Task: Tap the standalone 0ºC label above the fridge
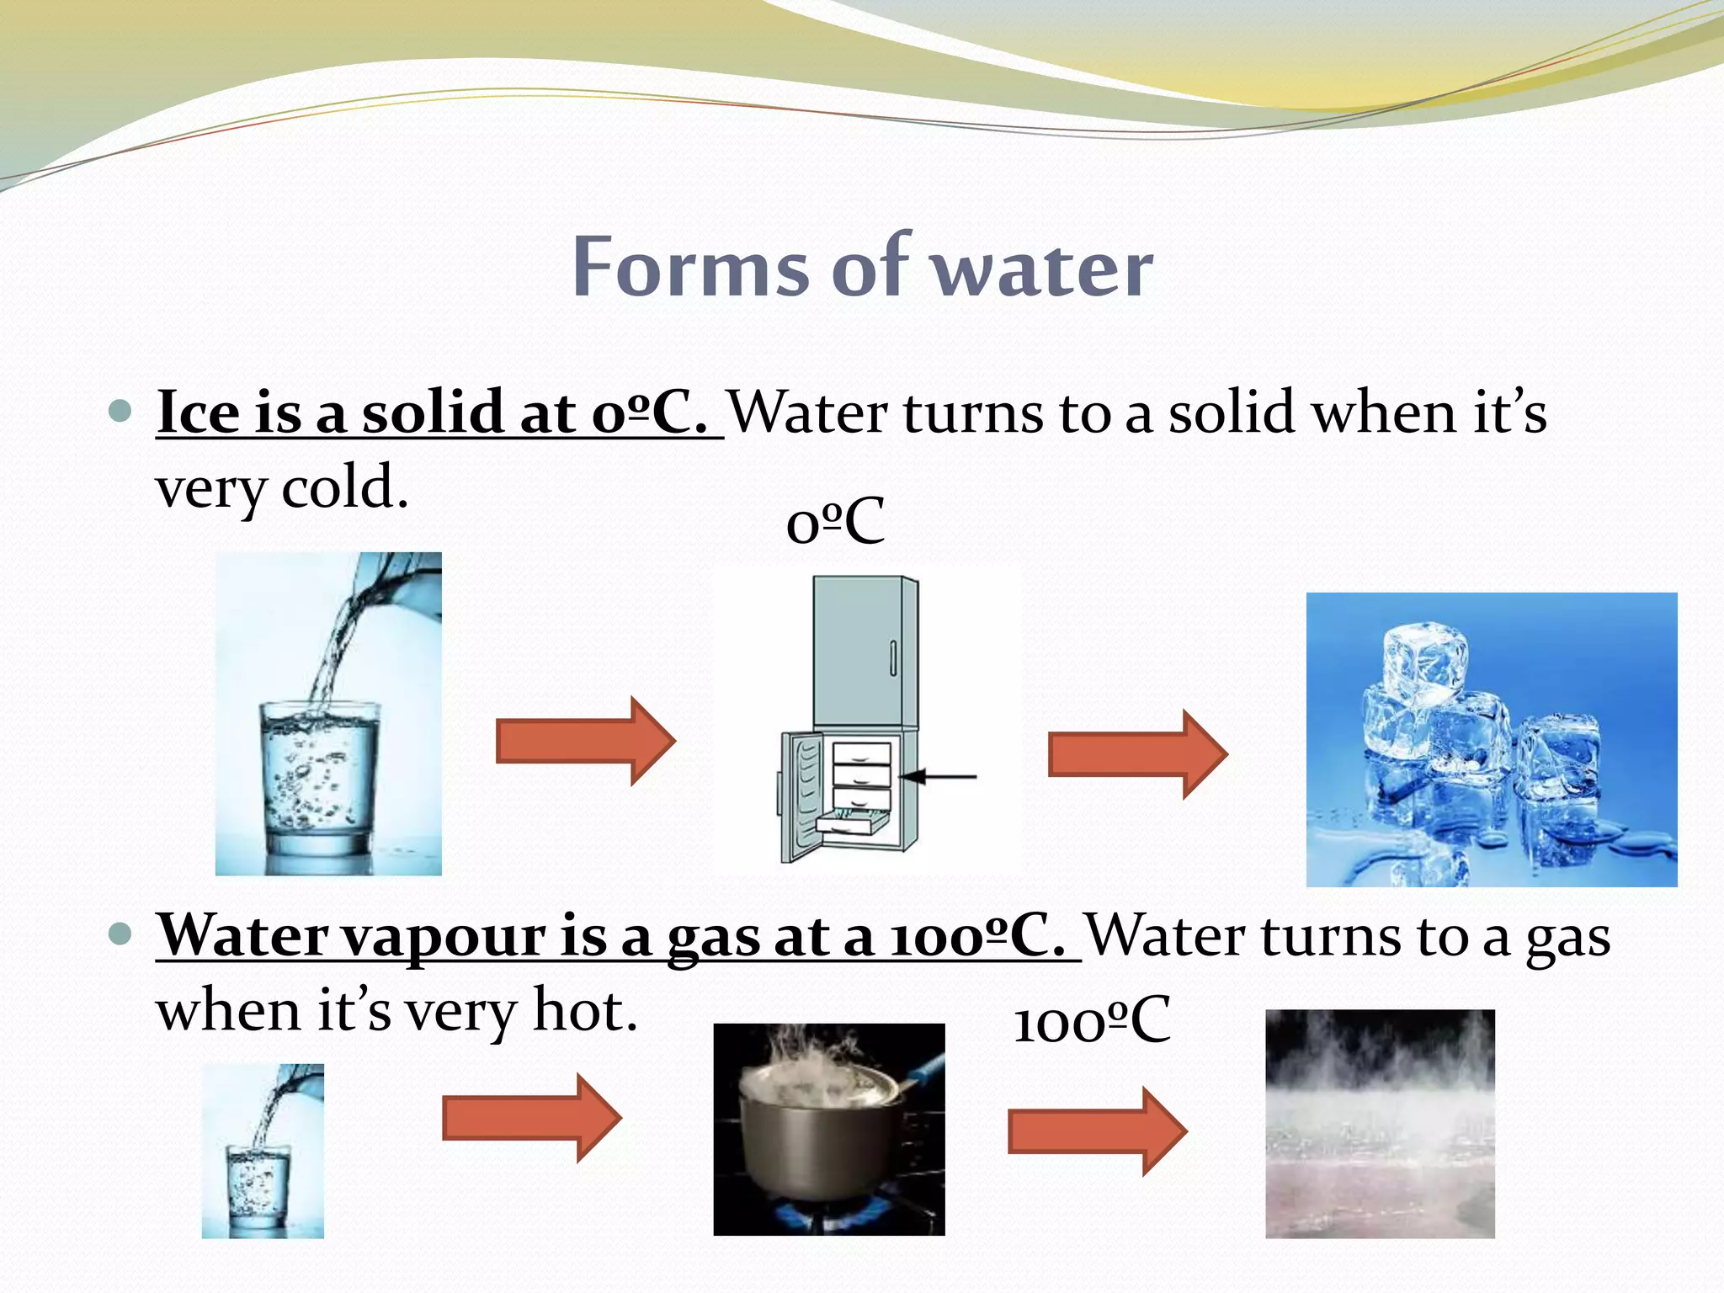(834, 523)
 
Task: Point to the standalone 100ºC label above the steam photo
(1091, 1021)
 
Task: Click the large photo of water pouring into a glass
(328, 713)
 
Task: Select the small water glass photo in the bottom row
(263, 1151)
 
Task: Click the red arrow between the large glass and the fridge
(585, 741)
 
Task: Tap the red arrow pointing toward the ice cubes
(1137, 753)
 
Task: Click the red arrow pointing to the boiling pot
(531, 1118)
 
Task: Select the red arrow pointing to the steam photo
(1097, 1131)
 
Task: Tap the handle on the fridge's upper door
(893, 657)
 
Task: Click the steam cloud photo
(1380, 1124)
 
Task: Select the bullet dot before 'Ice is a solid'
(121, 412)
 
